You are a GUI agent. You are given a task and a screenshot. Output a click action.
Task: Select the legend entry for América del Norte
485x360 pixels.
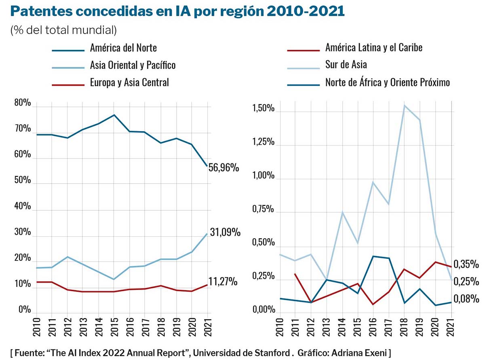(123, 48)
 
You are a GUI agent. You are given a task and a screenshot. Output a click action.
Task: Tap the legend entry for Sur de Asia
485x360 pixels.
(346, 64)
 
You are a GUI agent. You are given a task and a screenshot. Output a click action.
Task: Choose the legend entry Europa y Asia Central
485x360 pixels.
(129, 83)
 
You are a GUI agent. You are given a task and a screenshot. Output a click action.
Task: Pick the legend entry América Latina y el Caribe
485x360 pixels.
(374, 48)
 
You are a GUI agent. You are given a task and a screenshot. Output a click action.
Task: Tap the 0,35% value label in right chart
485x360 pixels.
(466, 265)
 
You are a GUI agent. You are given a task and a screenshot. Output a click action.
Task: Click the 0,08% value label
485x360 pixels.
(466, 299)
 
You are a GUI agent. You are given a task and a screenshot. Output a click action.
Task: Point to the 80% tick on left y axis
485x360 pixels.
(23, 103)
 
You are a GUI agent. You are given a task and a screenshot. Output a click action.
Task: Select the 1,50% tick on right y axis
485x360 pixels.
(264, 109)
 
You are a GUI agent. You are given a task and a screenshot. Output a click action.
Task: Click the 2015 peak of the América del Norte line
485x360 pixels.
(114, 115)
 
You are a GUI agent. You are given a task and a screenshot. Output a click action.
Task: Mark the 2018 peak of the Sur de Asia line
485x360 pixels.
(405, 106)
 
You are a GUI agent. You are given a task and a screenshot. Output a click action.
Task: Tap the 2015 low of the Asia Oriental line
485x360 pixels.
(114, 279)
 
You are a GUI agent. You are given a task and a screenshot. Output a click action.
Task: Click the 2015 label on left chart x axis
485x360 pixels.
(114, 328)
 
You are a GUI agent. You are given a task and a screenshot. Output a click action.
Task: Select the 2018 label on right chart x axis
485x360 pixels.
(405, 328)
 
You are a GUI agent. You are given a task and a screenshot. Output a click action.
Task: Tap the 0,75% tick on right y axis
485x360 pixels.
(264, 210)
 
